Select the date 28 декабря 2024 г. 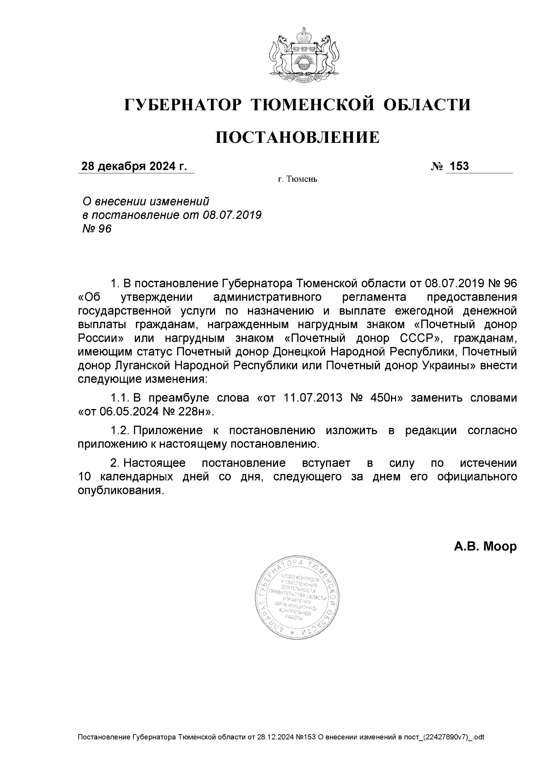(x=133, y=167)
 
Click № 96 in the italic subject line (x=96, y=229)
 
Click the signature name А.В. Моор (x=485, y=547)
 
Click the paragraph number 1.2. (x=120, y=430)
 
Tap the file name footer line (x=281, y=737)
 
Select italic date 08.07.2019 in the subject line (x=233, y=215)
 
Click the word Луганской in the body (x=138, y=366)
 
